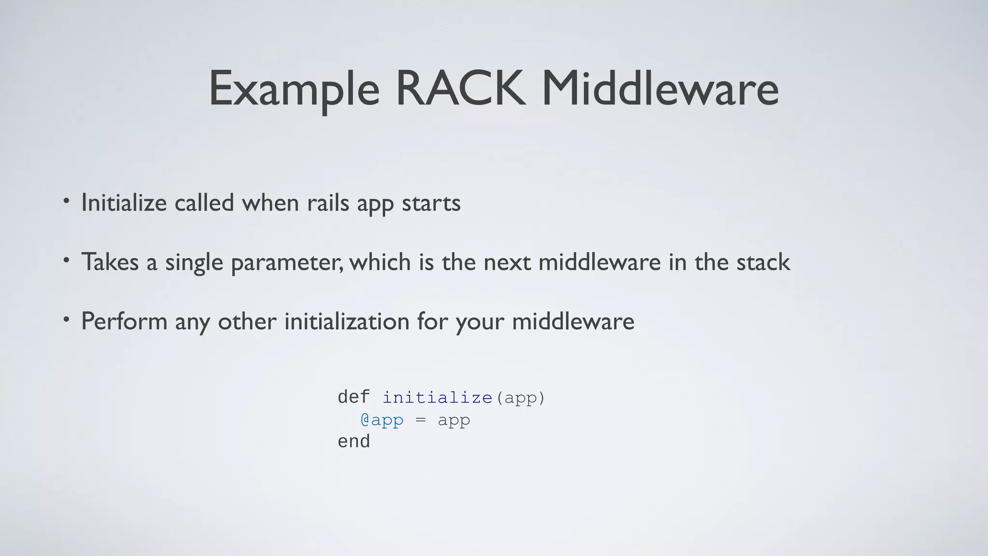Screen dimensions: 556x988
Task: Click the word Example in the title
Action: coord(294,89)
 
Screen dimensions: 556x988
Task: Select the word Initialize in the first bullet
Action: coord(124,203)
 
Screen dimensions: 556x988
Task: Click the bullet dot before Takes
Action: coord(67,261)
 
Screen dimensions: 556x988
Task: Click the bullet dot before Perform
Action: coord(67,320)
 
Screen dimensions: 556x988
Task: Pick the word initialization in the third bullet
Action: coord(347,321)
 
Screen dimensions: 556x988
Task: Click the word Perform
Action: coord(124,321)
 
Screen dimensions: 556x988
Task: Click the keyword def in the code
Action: coord(354,397)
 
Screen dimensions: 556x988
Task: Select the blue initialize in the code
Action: coord(437,398)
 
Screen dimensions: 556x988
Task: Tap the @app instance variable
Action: coord(382,420)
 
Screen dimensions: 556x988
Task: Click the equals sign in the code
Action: coord(421,420)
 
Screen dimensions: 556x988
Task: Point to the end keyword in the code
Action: coord(354,442)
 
